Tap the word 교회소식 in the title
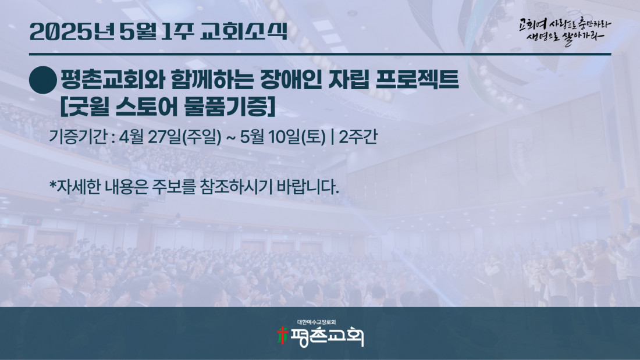[244, 32]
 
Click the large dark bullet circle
[43, 80]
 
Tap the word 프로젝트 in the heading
[417, 80]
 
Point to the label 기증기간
[77, 137]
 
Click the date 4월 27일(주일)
[170, 137]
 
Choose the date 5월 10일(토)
[283, 137]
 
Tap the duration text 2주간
[358, 137]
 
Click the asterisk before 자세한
[52, 184]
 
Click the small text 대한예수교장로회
[317, 322]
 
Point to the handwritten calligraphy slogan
[565, 31]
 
